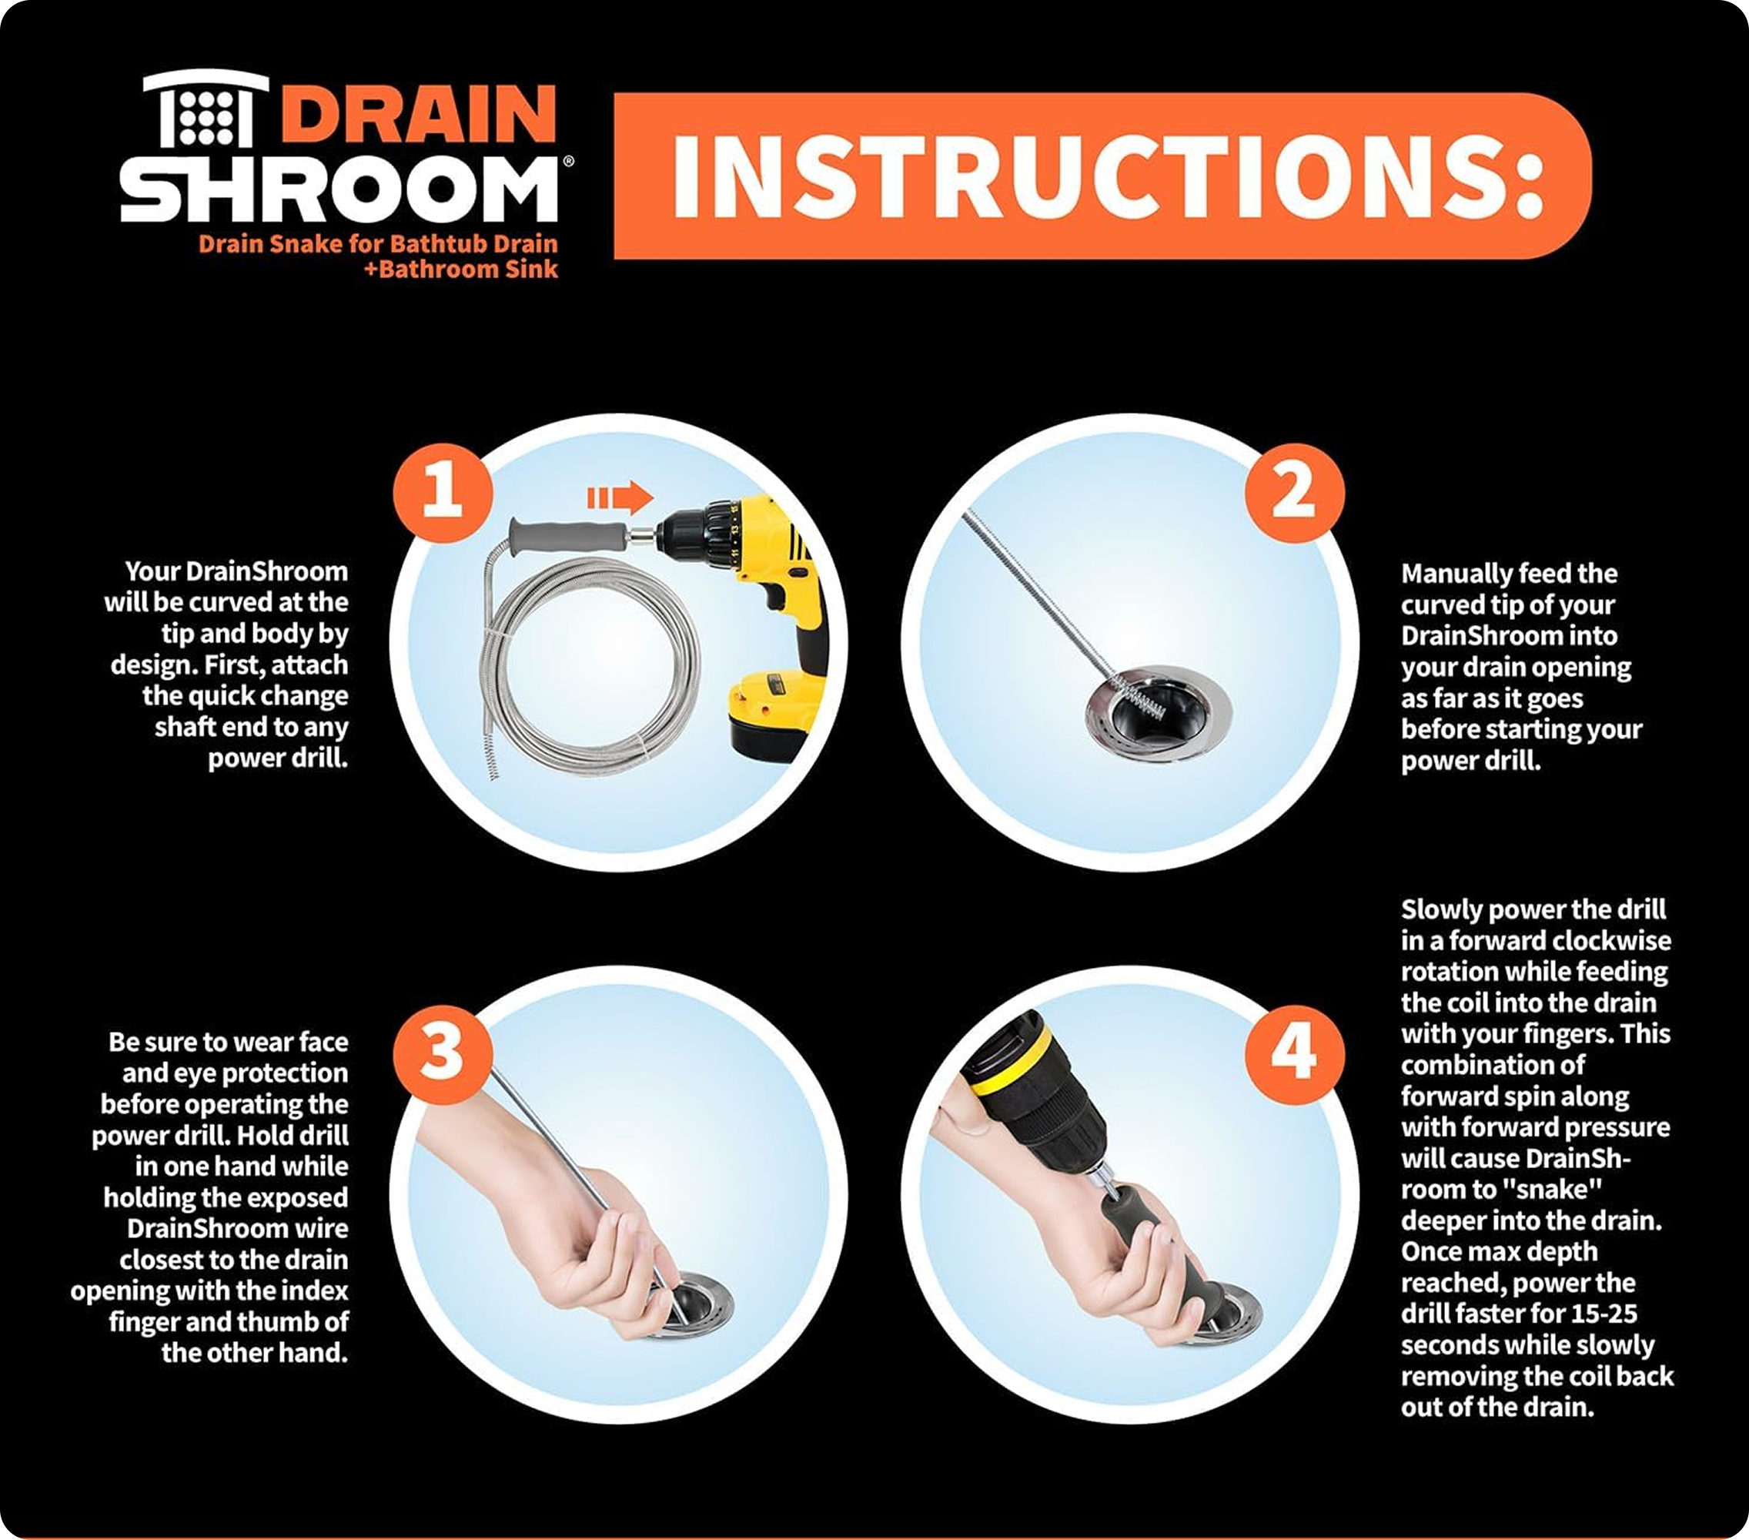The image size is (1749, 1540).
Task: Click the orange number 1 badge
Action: pos(443,492)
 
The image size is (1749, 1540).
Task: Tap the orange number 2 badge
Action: pos(1294,492)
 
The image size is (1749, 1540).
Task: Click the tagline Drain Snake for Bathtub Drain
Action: pos(378,244)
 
